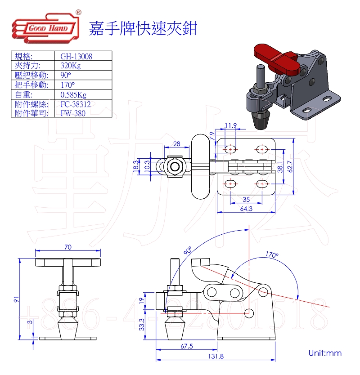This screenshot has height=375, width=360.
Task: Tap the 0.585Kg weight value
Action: [x=73, y=94]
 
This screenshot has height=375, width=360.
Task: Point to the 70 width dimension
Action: [x=68, y=247]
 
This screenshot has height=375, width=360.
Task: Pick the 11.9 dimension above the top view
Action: [x=231, y=125]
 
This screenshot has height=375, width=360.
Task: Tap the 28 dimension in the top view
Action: [x=176, y=143]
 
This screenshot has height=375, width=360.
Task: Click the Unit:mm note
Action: [x=325, y=353]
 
